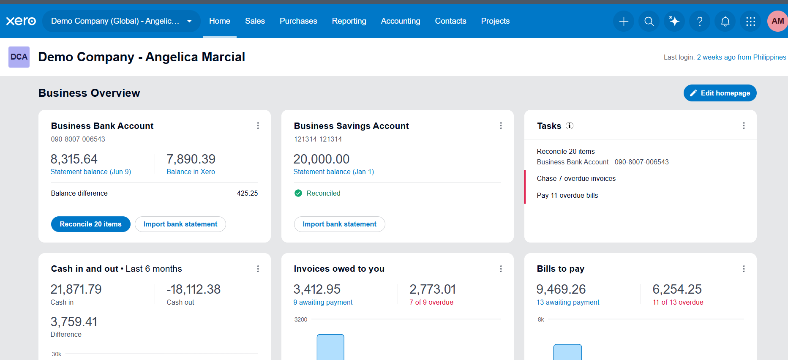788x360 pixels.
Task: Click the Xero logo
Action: [21, 21]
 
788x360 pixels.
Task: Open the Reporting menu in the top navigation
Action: [349, 21]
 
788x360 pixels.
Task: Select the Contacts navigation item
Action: [450, 21]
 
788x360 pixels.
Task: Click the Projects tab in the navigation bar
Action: [495, 21]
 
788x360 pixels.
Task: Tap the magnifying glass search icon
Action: [649, 21]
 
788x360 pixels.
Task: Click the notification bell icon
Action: [725, 21]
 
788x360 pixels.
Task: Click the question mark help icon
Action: [700, 21]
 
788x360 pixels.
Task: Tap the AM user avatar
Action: [777, 21]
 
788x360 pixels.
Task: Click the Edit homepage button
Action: [720, 93]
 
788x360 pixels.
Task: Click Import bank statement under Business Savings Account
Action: [340, 224]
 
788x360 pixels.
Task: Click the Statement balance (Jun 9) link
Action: [91, 172]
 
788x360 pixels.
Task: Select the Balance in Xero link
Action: [191, 172]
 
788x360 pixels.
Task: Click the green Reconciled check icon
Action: [298, 193]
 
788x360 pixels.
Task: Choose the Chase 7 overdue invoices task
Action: [576, 178]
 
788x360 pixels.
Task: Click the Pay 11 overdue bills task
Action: [567, 195]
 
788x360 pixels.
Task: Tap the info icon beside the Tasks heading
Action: [570, 125]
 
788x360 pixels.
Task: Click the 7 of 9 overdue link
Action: [431, 302]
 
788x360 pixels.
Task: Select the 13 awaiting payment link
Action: [568, 302]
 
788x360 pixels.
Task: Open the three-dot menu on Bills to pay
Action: [744, 269]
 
